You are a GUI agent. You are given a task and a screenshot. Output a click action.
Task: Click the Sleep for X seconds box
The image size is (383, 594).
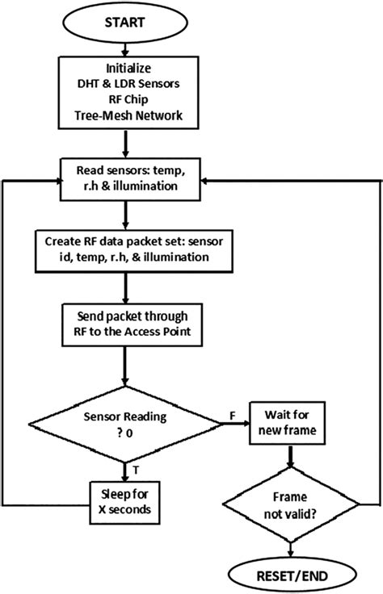(x=125, y=503)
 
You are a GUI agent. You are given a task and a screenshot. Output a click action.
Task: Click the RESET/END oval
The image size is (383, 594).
(x=288, y=574)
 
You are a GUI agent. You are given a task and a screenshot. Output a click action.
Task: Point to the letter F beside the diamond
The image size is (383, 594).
(x=231, y=414)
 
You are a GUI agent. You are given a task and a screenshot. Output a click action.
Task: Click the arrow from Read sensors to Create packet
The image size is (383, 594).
(x=125, y=215)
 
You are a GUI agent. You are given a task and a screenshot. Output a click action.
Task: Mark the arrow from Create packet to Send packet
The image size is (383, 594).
(x=125, y=287)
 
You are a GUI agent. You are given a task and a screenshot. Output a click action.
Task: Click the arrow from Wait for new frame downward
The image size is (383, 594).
(x=288, y=462)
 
